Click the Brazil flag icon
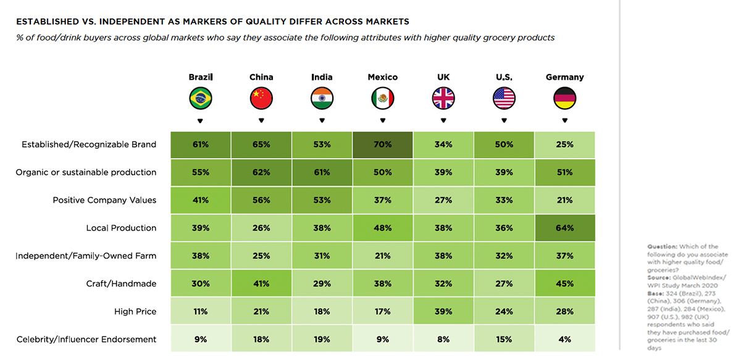click(200, 98)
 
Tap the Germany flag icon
click(564, 98)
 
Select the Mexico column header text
click(383, 77)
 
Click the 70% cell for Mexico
click(383, 144)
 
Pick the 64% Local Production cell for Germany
click(564, 228)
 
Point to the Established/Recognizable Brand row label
click(89, 144)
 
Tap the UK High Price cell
click(443, 311)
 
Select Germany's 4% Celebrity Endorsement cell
click(564, 339)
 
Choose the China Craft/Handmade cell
click(261, 283)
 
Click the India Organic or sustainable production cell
click(322, 172)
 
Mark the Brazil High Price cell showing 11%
click(200, 311)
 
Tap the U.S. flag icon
click(504, 98)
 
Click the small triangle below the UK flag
click(443, 120)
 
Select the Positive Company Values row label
click(104, 200)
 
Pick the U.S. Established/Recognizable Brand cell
click(504, 144)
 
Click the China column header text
click(261, 77)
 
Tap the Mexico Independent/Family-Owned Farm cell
click(383, 256)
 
